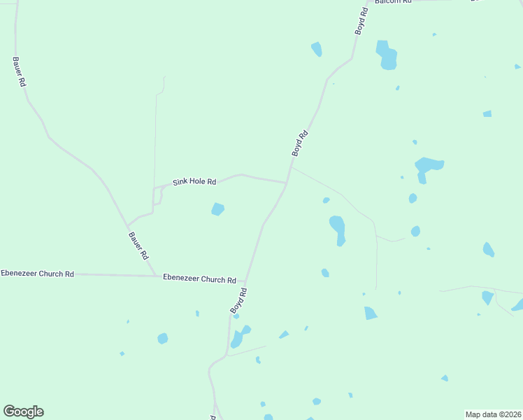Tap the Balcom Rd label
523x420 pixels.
pos(393,2)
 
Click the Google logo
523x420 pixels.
pos(23,411)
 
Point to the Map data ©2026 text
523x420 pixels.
pos(493,414)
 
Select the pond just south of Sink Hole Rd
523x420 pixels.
pos(218,209)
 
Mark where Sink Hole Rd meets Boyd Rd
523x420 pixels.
pos(287,183)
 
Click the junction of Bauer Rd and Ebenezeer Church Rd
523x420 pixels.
pos(156,276)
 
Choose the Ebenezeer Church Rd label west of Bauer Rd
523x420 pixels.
pos(37,274)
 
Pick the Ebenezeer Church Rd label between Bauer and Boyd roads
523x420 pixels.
pos(199,279)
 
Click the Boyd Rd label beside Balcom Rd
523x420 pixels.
pos(361,21)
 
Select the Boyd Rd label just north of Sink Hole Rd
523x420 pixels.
pos(299,143)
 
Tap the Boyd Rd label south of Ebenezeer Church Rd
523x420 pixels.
pos(238,300)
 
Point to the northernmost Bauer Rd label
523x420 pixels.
pos(20,71)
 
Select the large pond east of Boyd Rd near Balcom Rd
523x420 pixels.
pos(387,55)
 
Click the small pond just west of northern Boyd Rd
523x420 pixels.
pos(317,49)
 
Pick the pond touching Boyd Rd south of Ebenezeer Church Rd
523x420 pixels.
pos(238,338)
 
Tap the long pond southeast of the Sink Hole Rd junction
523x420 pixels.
pos(338,229)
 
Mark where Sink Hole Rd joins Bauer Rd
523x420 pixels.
pos(127,226)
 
